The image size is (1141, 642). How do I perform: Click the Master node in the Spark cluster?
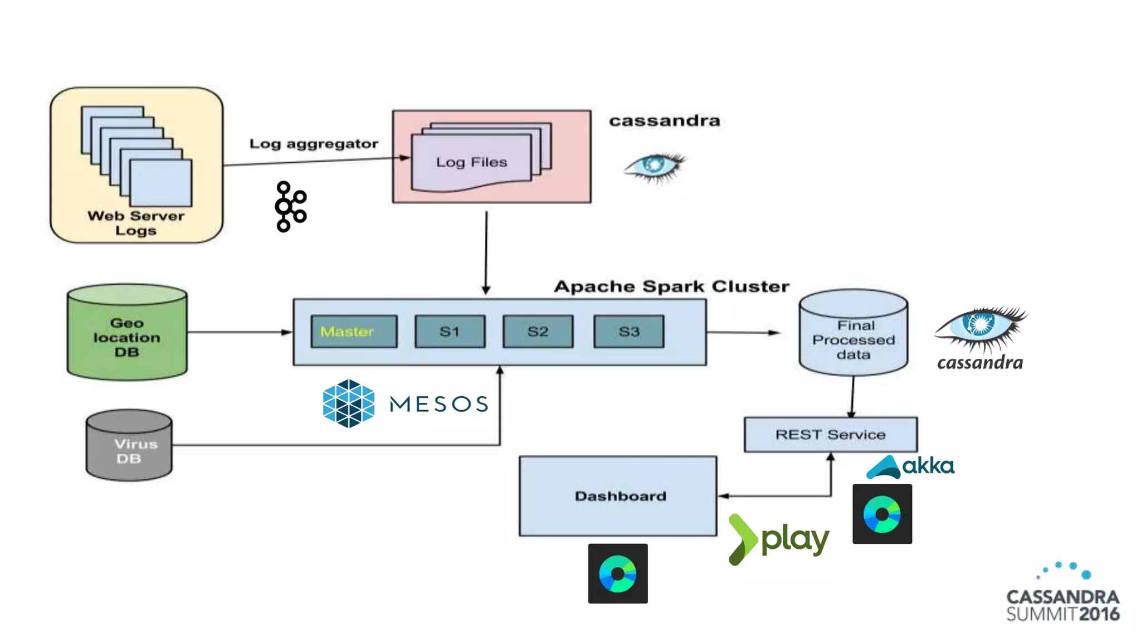[354, 332]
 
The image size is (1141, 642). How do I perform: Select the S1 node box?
[450, 332]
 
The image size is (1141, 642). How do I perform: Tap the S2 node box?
[538, 332]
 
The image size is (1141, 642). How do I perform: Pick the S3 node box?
[628, 332]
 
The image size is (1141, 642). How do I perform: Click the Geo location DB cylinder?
[127, 334]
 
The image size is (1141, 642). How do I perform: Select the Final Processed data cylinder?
[853, 334]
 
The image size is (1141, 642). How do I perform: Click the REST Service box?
[830, 435]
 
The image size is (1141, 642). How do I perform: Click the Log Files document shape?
[471, 162]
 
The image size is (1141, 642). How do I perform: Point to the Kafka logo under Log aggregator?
[290, 206]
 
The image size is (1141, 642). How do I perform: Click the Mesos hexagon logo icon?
[349, 403]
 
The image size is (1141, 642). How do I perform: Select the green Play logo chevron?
[742, 539]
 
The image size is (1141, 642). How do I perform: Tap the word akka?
[928, 466]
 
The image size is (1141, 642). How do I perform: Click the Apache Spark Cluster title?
[671, 286]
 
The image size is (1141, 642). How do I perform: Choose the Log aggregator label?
[314, 144]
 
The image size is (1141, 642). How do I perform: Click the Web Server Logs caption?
[136, 223]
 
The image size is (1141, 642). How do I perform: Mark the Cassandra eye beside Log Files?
[655, 166]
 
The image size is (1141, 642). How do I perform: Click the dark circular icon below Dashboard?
[618, 573]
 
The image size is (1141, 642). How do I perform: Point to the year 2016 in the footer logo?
[1099, 614]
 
